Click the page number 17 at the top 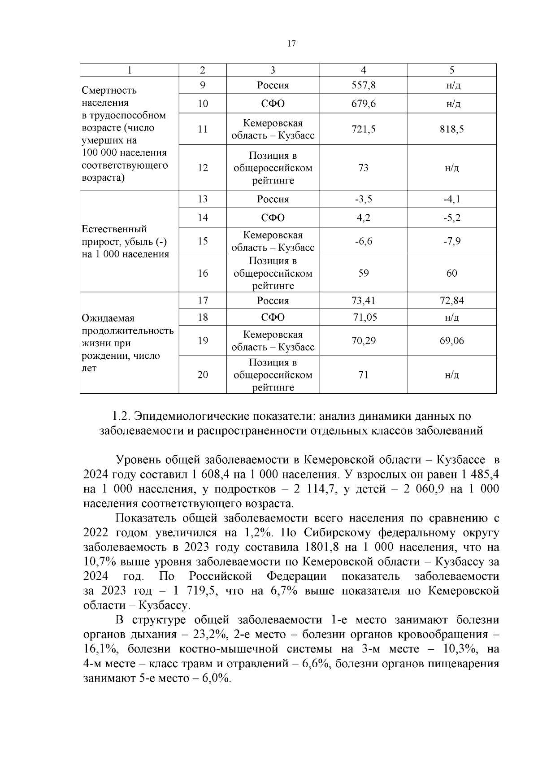(x=291, y=43)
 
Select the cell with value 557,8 (x=363, y=85)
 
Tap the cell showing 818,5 (x=451, y=129)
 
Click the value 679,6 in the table (x=363, y=104)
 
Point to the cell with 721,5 (x=363, y=129)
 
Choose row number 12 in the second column (x=203, y=168)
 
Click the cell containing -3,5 (x=363, y=199)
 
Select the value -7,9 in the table (x=451, y=241)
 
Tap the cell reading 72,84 (x=451, y=300)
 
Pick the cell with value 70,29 (x=363, y=341)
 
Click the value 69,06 (x=451, y=341)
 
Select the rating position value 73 (x=363, y=168)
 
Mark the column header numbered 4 (x=363, y=70)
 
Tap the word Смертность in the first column (x=109, y=90)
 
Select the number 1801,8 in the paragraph (x=321, y=547)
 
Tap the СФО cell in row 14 (x=273, y=218)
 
